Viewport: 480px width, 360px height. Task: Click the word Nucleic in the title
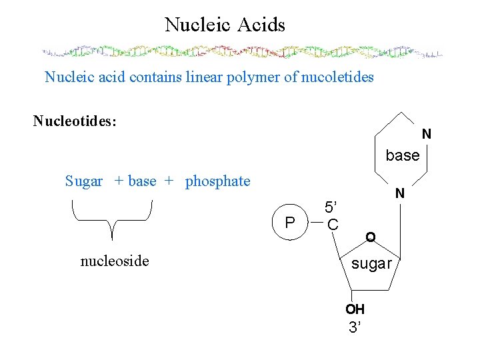coord(196,25)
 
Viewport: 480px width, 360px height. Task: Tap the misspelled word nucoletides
coord(339,77)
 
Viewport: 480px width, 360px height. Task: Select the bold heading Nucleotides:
coord(75,121)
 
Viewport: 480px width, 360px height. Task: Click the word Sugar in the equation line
coord(84,181)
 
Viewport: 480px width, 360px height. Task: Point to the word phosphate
coord(218,181)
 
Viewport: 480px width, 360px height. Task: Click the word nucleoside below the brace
coord(115,261)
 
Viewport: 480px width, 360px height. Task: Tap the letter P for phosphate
coord(289,223)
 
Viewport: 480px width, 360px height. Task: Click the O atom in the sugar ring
coord(370,237)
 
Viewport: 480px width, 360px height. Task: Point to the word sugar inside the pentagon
coord(371,263)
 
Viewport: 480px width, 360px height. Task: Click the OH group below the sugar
coord(355,309)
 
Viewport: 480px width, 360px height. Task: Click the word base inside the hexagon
coord(403,155)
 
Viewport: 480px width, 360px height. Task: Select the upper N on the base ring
coord(427,134)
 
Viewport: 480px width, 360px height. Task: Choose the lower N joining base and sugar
coord(399,194)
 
